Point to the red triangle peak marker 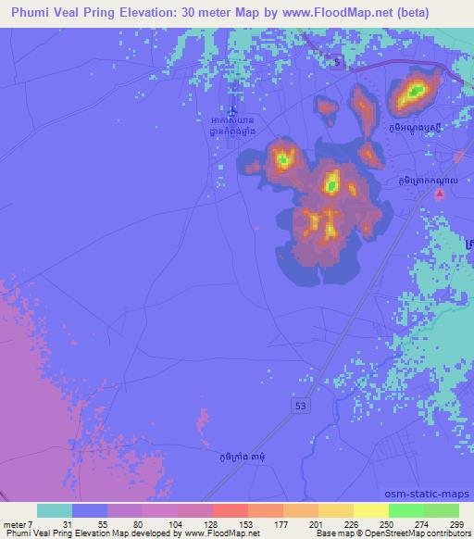click(441, 194)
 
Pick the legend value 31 click(55, 524)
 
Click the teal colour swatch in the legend click(54, 510)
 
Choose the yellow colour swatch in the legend click(368, 510)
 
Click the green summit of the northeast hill click(416, 92)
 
